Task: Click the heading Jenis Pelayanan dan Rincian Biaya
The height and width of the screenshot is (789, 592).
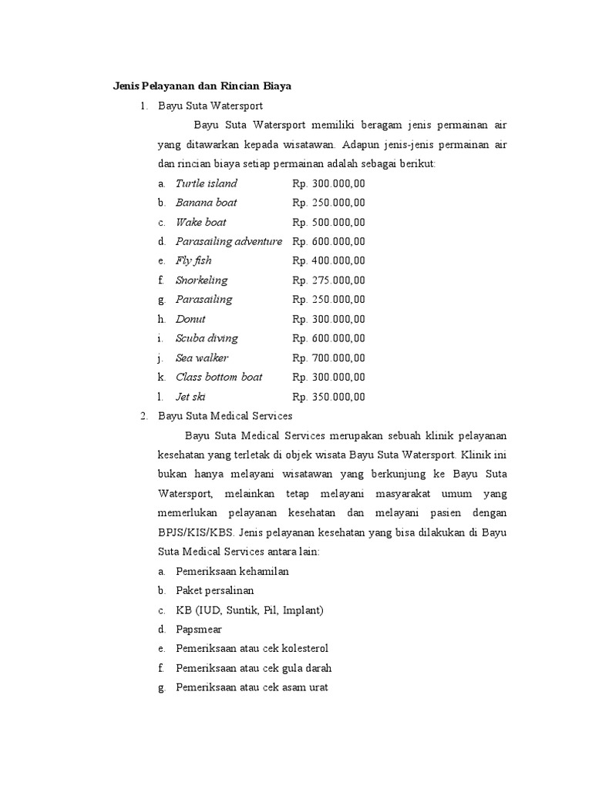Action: pyautogui.click(x=199, y=86)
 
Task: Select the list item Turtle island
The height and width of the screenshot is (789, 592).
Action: pyautogui.click(x=206, y=183)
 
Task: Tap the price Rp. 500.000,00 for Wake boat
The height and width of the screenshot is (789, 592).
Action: pyautogui.click(x=328, y=222)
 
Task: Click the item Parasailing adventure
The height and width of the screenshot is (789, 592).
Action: pyautogui.click(x=228, y=241)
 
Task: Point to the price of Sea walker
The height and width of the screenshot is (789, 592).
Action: pyautogui.click(x=328, y=358)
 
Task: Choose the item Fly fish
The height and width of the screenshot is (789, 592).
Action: pyautogui.click(x=193, y=260)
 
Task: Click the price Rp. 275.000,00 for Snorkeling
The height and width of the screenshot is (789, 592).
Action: pyautogui.click(x=328, y=280)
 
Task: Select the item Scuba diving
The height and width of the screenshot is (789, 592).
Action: pyautogui.click(x=207, y=338)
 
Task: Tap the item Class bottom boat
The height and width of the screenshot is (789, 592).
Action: pyautogui.click(x=219, y=377)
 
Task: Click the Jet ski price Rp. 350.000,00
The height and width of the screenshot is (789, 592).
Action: pyautogui.click(x=328, y=397)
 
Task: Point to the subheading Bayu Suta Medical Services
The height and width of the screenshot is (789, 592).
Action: pyautogui.click(x=225, y=416)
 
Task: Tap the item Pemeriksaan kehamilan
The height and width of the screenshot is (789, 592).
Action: pyautogui.click(x=232, y=572)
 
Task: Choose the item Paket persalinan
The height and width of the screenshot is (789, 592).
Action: pyautogui.click(x=214, y=591)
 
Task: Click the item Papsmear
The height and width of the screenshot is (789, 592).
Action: pyautogui.click(x=199, y=630)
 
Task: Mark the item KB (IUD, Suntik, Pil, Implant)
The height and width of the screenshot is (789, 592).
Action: pyautogui.click(x=250, y=610)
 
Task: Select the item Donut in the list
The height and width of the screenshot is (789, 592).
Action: pyautogui.click(x=190, y=319)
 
